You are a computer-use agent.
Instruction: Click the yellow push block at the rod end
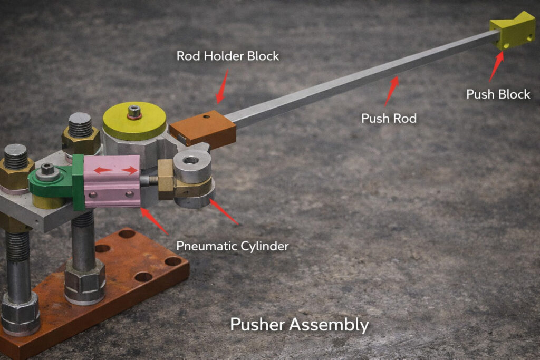(513, 31)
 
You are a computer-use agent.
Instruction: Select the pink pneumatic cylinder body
(112, 181)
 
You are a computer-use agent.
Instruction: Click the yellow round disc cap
(134, 121)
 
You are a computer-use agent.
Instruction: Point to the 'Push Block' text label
(498, 94)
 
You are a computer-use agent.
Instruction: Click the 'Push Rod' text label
(389, 119)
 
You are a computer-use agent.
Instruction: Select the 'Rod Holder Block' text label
(228, 56)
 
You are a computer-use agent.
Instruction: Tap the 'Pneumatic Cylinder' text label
(233, 246)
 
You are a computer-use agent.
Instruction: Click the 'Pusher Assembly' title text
(300, 325)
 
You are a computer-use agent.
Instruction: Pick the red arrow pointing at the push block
(497, 66)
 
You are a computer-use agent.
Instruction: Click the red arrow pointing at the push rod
(392, 91)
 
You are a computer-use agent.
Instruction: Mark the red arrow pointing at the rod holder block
(223, 87)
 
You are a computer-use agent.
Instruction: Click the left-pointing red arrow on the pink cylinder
(103, 170)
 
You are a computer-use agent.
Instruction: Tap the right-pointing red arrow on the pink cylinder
(130, 170)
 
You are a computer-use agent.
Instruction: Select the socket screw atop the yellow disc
(134, 112)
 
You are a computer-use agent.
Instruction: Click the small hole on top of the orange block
(206, 116)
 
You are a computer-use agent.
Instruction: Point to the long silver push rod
(362, 76)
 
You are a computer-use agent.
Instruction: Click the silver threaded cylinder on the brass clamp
(192, 166)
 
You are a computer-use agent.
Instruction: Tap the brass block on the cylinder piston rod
(166, 180)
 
